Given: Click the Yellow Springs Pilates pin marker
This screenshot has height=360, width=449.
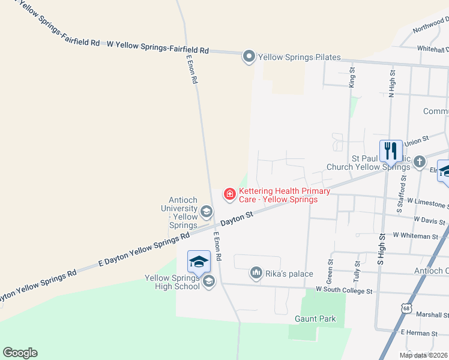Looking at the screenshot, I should tap(249, 57).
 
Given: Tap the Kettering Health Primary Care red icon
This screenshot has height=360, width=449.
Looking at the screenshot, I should tap(229, 194).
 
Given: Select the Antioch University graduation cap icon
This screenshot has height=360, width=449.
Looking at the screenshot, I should tap(206, 211).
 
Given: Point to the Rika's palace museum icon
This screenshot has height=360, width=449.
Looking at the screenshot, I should tap(256, 274).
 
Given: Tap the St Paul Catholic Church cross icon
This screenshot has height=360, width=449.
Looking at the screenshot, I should tap(419, 161).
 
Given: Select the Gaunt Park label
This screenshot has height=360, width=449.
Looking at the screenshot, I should tap(315, 319).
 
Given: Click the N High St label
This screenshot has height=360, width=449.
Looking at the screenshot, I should tap(392, 82).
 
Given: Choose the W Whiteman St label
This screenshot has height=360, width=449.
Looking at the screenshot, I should tap(415, 236).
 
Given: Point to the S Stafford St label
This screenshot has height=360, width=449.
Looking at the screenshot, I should tap(401, 194).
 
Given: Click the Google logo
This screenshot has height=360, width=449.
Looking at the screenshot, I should tap(20, 353).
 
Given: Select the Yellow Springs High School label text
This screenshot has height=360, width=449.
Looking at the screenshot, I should tap(172, 282).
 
